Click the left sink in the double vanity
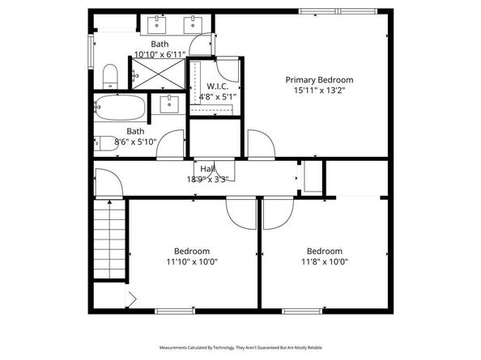[x=154, y=23]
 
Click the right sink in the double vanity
[x=194, y=23]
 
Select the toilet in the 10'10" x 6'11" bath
[x=110, y=77]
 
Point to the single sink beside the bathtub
[x=169, y=104]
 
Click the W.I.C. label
[x=215, y=86]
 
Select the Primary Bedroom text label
[x=319, y=79]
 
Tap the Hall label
[x=208, y=168]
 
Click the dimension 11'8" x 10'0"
[x=323, y=261]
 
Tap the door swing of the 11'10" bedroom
[x=240, y=212]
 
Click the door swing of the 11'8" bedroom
[x=274, y=212]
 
